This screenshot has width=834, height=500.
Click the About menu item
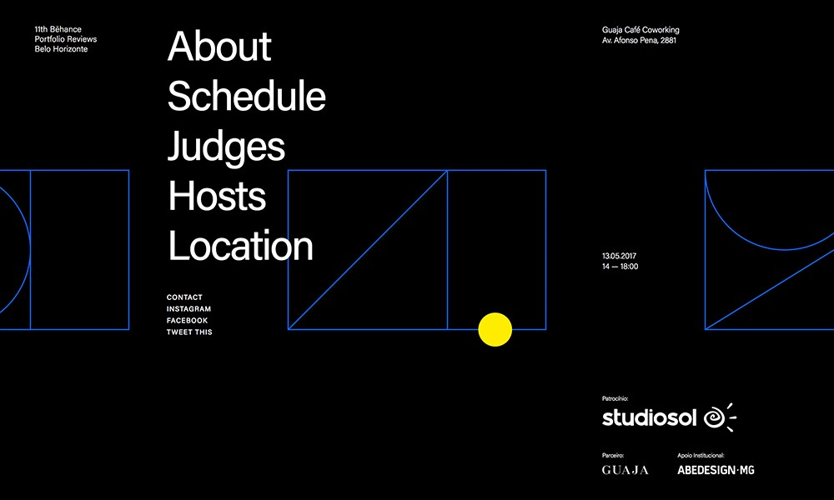coord(219,46)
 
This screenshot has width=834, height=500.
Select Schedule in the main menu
coord(246,96)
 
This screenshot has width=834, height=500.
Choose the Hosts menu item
coord(217,196)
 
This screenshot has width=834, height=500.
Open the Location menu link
coord(240,246)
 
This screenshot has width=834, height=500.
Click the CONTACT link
coord(184,297)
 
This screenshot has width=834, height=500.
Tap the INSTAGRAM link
coord(188,308)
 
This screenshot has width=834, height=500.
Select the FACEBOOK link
coord(187,320)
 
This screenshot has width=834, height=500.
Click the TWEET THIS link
coord(188,332)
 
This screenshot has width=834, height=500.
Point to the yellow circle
coord(495,329)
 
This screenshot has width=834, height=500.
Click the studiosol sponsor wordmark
coord(649,417)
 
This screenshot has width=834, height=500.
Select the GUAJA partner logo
coord(625,470)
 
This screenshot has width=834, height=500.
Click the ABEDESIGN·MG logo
coord(716,470)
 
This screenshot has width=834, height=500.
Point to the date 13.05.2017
coord(619,256)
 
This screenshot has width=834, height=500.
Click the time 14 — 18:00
coord(620,266)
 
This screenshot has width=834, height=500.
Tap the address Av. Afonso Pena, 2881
coord(639,40)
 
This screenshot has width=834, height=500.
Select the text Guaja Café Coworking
coord(641,30)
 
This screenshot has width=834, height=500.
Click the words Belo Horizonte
coord(61,49)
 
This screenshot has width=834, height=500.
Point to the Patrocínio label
coord(615,398)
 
